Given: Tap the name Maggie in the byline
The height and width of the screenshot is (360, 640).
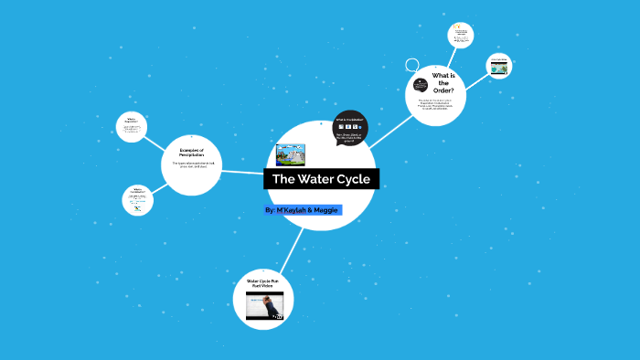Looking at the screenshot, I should coord(325,210).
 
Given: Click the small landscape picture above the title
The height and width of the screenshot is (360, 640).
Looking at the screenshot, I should coord(290,154).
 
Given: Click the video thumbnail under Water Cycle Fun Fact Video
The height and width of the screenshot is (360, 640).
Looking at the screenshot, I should coord(264,306).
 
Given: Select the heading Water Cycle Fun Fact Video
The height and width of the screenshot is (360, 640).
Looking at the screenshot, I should coord(264,283).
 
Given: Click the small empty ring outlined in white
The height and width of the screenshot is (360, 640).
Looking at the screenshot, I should coord(412,67).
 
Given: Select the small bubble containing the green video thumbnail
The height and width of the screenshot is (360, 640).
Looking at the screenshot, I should coord(498,66).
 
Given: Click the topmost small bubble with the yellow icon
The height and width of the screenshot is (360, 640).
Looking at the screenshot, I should coord(461,36).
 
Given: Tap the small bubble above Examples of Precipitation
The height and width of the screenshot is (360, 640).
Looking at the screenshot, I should coord(132,126).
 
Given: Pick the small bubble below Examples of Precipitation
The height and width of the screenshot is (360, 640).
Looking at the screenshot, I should coord(137,200).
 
